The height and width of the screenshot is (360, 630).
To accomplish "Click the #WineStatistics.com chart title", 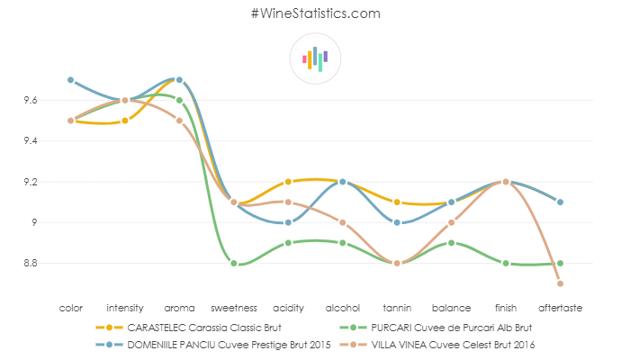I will pyautogui.click(x=314, y=13).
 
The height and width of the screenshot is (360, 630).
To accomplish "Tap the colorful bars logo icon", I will pyautogui.click(x=315, y=58).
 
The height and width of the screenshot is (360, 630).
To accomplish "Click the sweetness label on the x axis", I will pyautogui.click(x=233, y=308).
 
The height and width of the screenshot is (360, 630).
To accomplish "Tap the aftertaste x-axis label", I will pyautogui.click(x=560, y=308).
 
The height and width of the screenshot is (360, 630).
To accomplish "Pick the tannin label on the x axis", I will pyautogui.click(x=397, y=308).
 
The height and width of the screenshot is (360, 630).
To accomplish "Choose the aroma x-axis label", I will pyautogui.click(x=179, y=308).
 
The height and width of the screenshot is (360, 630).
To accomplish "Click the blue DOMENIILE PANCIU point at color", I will pyautogui.click(x=70, y=80).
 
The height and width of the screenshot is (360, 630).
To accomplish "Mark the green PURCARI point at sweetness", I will pyautogui.click(x=234, y=264).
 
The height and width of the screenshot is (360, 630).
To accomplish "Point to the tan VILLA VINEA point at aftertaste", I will pyautogui.click(x=560, y=283).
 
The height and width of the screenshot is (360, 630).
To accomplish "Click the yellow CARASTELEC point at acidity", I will pyautogui.click(x=288, y=182).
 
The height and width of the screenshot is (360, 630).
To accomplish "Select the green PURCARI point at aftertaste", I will pyautogui.click(x=560, y=264).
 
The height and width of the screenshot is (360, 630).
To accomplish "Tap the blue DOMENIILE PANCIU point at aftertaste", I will pyautogui.click(x=560, y=202).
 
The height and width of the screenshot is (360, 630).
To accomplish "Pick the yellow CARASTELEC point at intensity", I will pyautogui.click(x=125, y=121).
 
